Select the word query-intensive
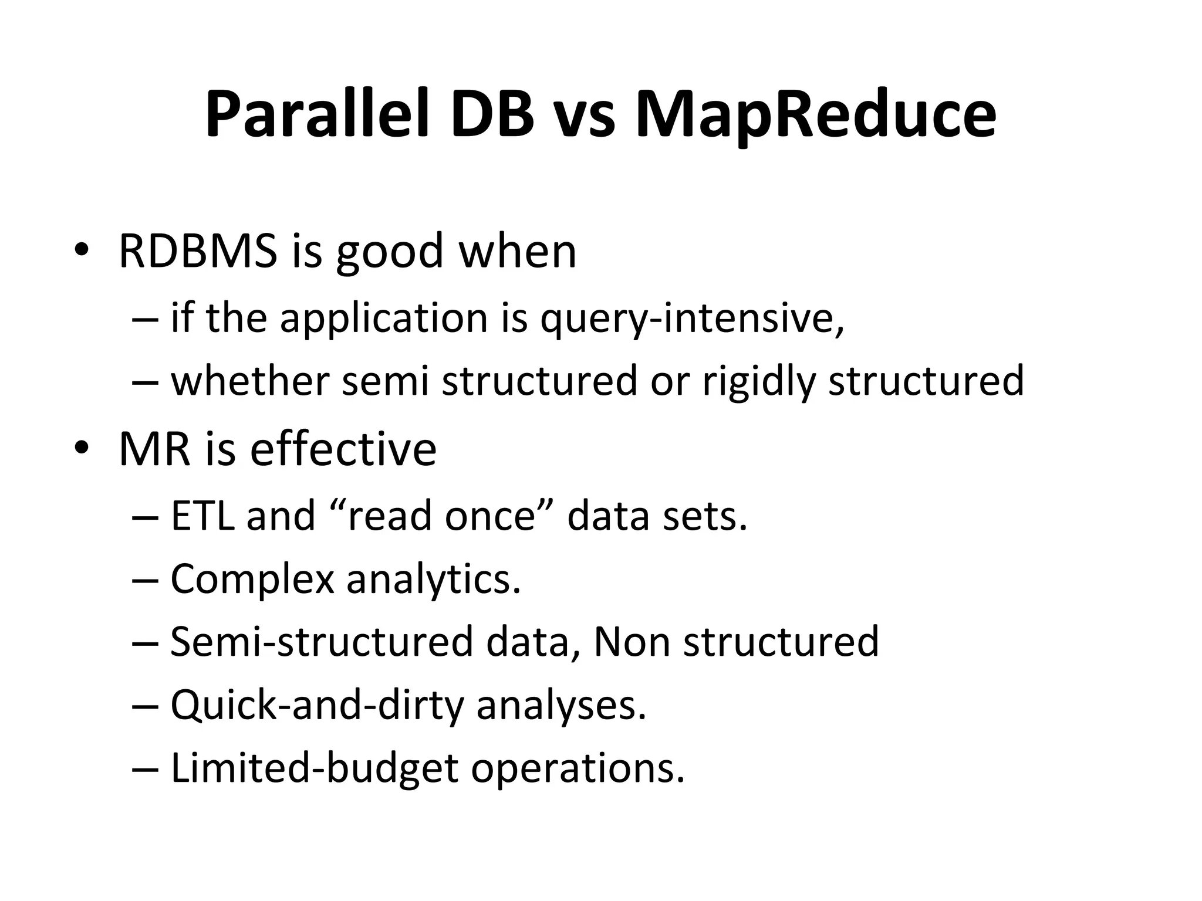tap(691, 320)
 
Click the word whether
tap(249, 381)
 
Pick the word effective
tap(343, 449)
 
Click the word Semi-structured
tap(321, 642)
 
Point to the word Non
tap(632, 642)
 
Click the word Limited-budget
tap(314, 768)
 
